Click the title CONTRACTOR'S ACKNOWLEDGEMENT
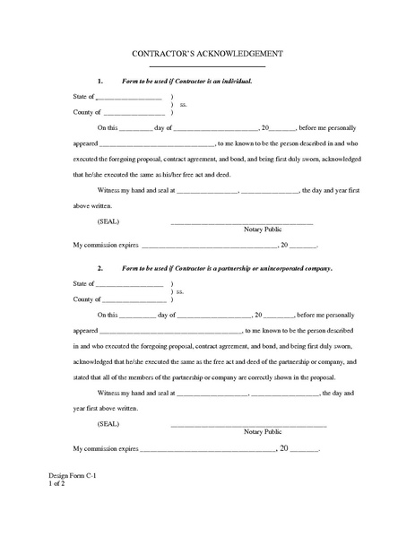207,54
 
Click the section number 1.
100,81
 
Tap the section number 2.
100,268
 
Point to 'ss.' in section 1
183,104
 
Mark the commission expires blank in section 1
207,246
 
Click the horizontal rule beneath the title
207,66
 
